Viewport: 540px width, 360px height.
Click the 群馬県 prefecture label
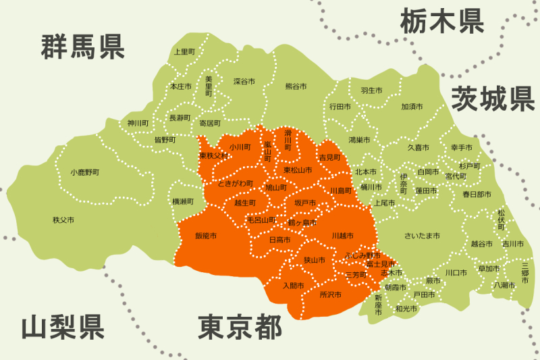coord(83,46)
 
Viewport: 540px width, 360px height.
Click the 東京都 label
coord(240,328)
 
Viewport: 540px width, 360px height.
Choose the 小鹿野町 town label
coord(84,172)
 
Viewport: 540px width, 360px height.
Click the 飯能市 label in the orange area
coord(206,236)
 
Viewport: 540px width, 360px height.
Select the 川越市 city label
coord(343,236)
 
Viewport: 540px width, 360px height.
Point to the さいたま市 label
coord(422,236)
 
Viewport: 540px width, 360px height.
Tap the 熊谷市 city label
coord(296,86)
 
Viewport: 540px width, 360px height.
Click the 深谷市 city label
coord(244,81)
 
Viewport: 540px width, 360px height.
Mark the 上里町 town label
coord(184,51)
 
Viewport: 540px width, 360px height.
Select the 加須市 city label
coord(412,107)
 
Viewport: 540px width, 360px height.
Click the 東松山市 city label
coord(298,170)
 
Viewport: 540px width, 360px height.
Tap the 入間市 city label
coord(293,286)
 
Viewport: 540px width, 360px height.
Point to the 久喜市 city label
coord(418,147)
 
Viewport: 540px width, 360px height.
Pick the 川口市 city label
coord(456,273)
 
